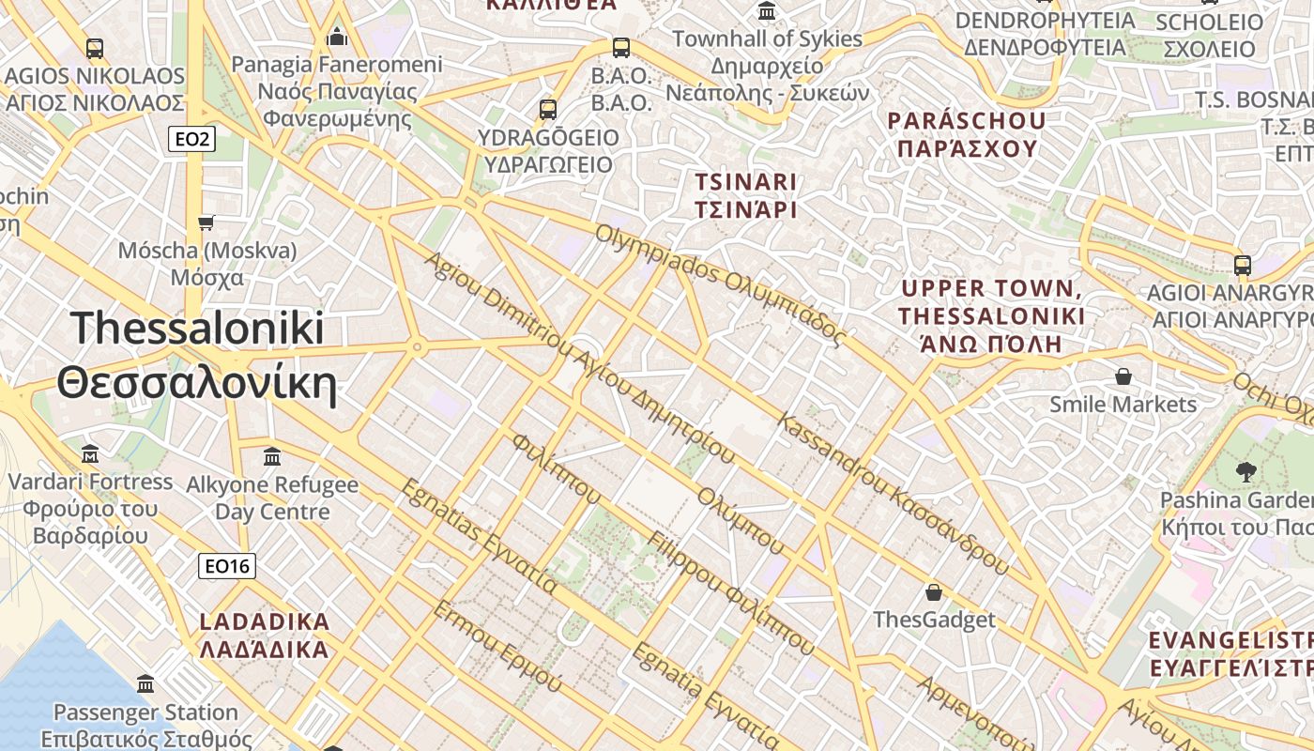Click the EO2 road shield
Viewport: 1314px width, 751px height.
click(191, 140)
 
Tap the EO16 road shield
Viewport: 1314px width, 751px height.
click(227, 566)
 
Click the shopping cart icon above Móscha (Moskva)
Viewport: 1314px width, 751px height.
click(206, 222)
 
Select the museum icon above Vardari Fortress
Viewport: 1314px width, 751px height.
click(90, 454)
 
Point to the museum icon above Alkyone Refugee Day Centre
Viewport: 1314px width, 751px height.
click(272, 457)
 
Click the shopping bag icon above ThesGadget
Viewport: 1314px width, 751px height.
click(934, 592)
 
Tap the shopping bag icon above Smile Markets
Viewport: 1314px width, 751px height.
click(1123, 377)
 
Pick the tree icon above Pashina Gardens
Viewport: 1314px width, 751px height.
click(1246, 471)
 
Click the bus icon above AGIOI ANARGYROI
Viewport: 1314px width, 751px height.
click(1243, 266)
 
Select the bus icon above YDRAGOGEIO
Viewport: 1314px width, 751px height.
click(548, 110)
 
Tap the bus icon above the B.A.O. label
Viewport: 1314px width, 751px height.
click(620, 48)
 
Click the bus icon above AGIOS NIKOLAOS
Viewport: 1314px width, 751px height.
click(94, 48)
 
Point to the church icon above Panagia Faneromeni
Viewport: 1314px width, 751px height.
click(337, 38)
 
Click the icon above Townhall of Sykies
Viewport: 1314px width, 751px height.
click(767, 12)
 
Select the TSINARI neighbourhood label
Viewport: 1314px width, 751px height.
click(745, 195)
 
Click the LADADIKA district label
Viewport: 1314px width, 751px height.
click(265, 635)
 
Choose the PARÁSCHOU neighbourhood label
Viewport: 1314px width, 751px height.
click(967, 134)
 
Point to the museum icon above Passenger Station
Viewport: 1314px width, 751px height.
click(145, 683)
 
